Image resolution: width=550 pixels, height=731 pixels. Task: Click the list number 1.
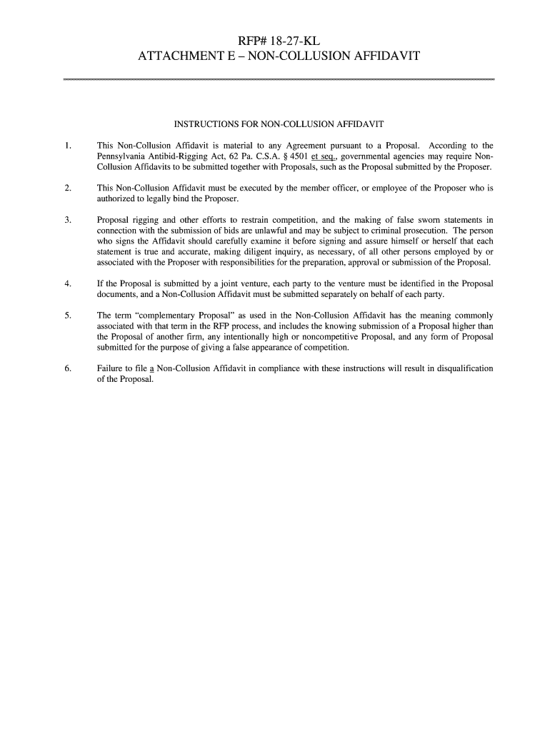66,146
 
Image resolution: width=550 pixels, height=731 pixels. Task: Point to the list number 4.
66,283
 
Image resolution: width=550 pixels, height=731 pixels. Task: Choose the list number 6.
66,368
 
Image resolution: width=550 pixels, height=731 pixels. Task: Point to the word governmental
369,156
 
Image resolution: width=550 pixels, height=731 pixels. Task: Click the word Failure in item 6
111,368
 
